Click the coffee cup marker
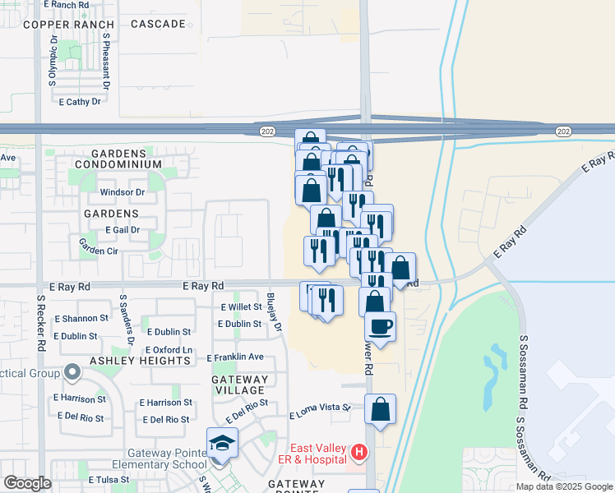pyautogui.click(x=380, y=326)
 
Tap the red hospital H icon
pyautogui.click(x=358, y=451)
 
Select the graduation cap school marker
pyautogui.click(x=221, y=445)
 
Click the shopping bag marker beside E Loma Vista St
pyautogui.click(x=380, y=409)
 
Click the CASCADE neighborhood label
pyautogui.click(x=158, y=25)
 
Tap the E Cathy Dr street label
pyautogui.click(x=80, y=102)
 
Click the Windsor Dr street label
pyautogui.click(x=122, y=192)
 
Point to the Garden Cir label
pyautogui.click(x=98, y=245)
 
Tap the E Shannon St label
pyautogui.click(x=81, y=318)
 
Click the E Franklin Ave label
pyautogui.click(x=235, y=357)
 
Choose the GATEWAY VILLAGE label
pyautogui.click(x=239, y=385)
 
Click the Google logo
pyautogui.click(x=27, y=484)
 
